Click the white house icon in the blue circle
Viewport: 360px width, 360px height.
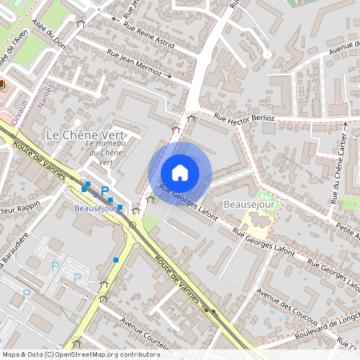pyautogui.click(x=180, y=172)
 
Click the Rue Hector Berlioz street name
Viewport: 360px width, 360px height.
pyautogui.click(x=244, y=118)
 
